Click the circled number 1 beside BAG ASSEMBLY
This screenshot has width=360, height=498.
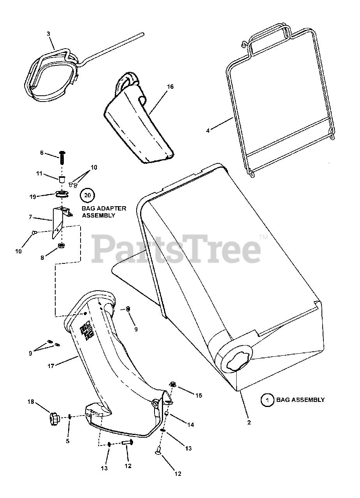click(x=267, y=400)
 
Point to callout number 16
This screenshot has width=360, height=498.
click(x=170, y=87)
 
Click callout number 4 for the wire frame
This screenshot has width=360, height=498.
click(x=208, y=131)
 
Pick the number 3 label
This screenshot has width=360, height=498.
click(x=49, y=34)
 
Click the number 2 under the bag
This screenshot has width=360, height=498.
click(x=249, y=422)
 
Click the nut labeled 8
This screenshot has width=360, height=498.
click(x=61, y=245)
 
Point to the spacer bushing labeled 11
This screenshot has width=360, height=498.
click(x=61, y=179)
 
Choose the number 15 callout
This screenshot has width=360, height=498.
click(x=198, y=396)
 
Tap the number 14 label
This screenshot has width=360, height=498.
click(x=190, y=425)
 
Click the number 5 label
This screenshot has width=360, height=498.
click(x=67, y=441)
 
